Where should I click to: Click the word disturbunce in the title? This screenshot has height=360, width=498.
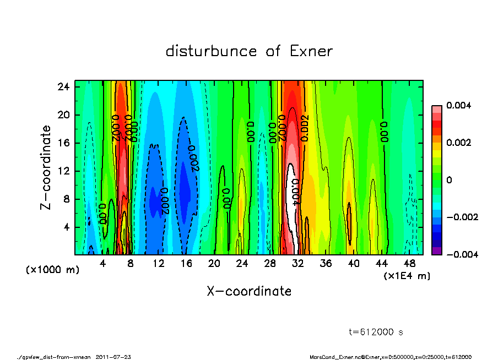211,51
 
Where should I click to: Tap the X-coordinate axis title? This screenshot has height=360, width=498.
249,291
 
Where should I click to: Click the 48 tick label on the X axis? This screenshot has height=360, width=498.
409,263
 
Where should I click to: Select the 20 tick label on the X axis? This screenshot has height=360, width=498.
214,263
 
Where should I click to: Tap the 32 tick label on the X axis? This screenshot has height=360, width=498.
297,263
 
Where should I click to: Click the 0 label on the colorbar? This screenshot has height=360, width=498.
449,180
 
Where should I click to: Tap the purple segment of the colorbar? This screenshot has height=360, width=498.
436,251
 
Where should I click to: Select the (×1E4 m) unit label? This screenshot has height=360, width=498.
407,275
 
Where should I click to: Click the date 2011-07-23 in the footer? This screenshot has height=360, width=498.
113,357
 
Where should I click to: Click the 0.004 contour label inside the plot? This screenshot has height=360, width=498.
295,192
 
